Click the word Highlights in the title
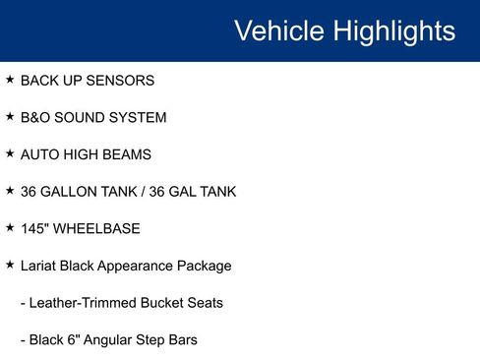tap(392, 30)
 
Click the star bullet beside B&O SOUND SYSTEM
tap(10, 116)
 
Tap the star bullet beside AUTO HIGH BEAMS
tap(10, 153)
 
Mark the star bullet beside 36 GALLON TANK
tap(10, 190)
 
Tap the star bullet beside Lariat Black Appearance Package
tap(10, 265)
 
